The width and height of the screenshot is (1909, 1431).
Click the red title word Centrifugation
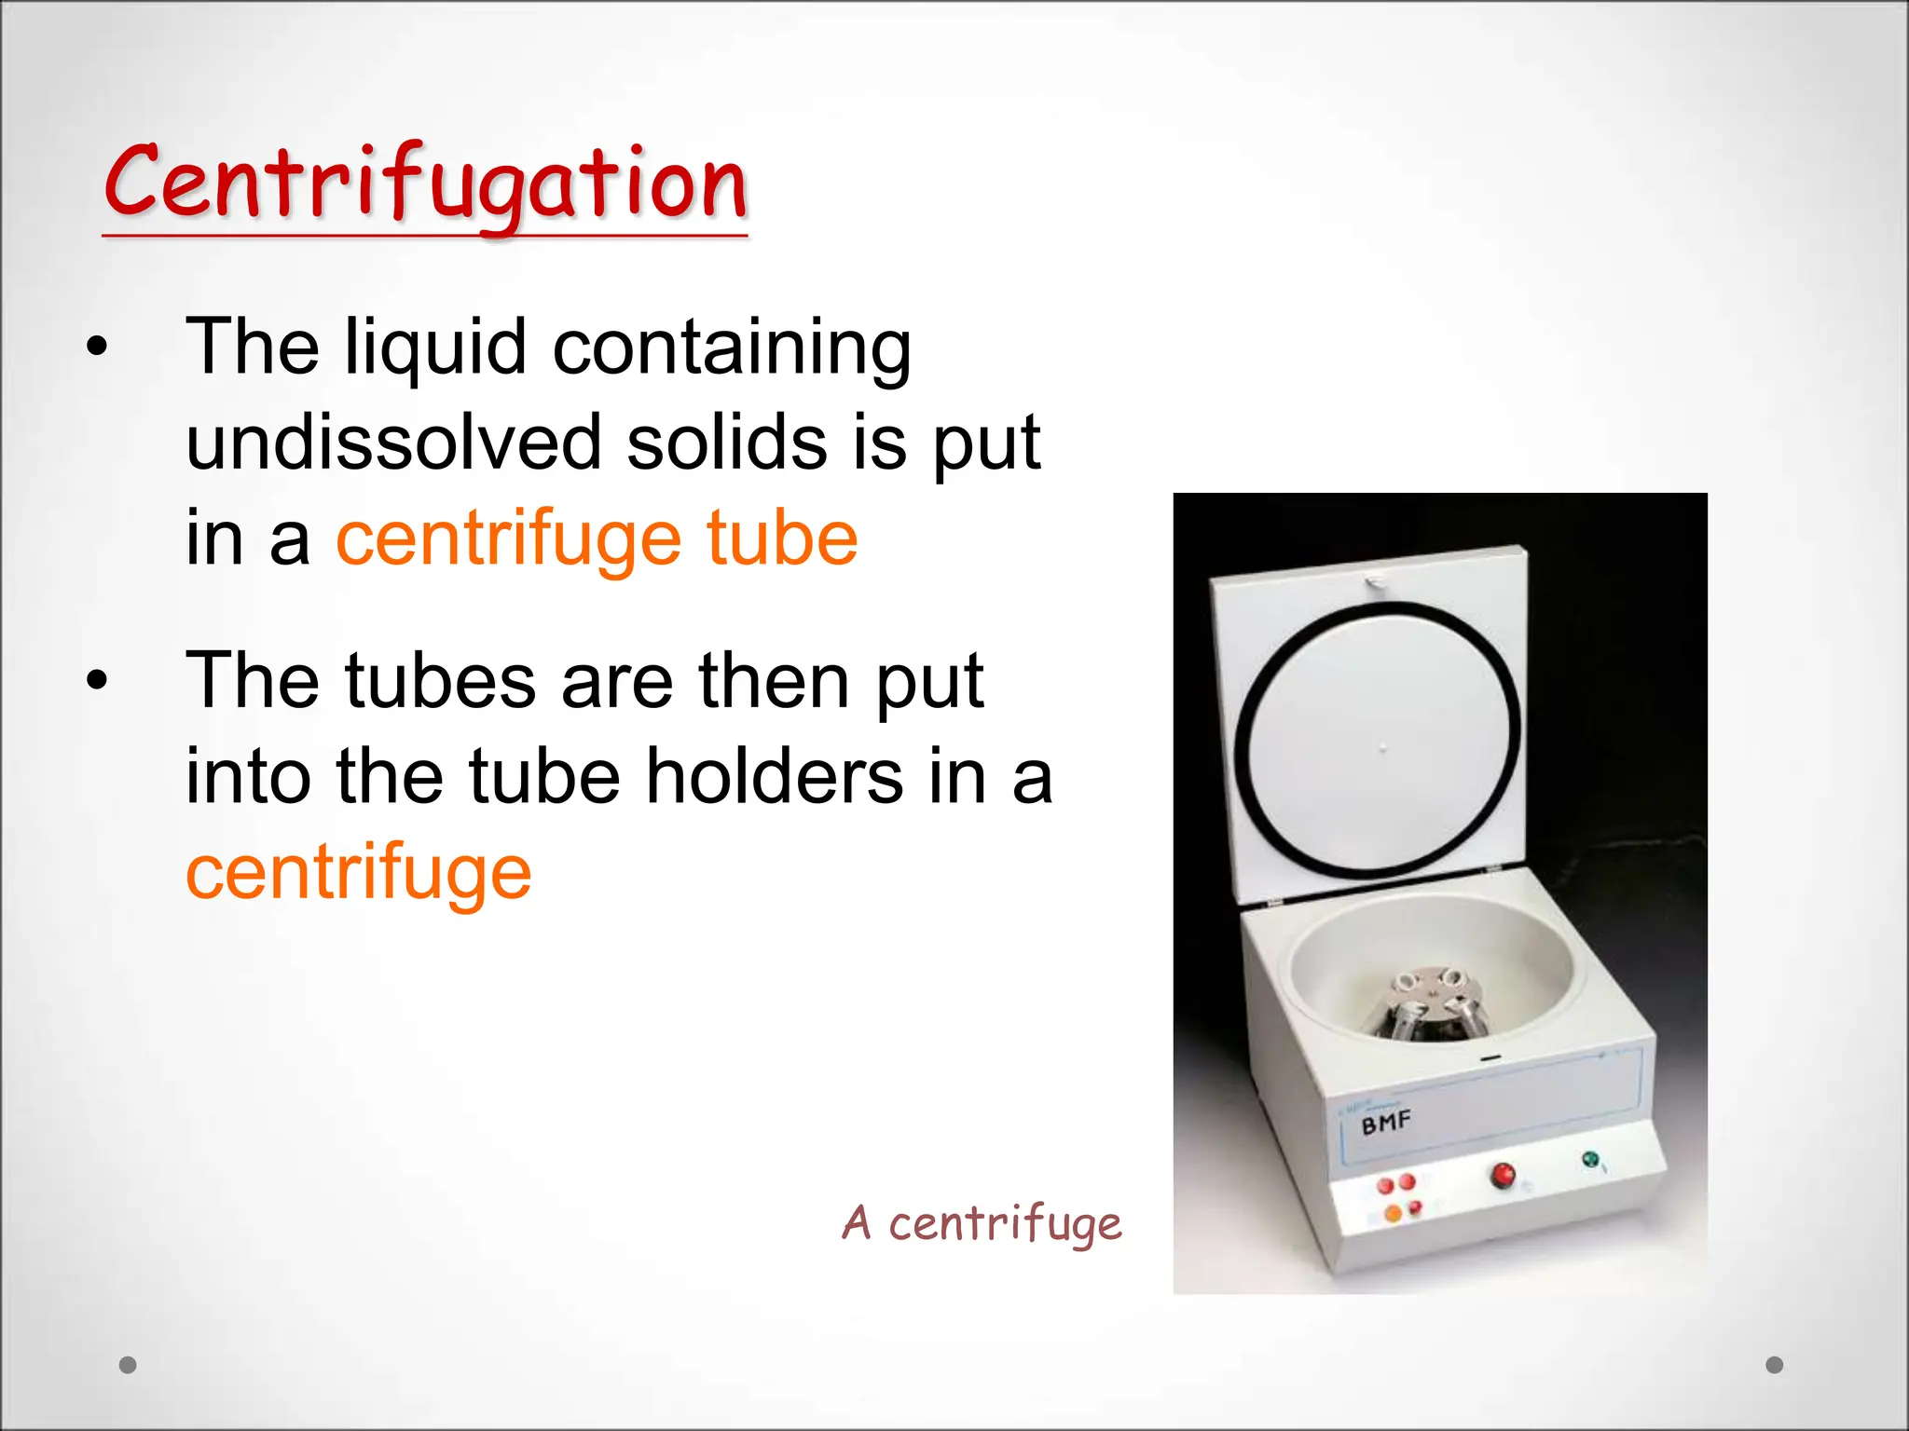tap(426, 184)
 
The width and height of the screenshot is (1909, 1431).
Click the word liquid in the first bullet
tap(435, 347)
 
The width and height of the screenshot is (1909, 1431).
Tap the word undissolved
tap(393, 443)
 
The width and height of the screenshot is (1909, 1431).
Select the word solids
tap(726, 443)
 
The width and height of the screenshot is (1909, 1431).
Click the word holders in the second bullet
tap(774, 776)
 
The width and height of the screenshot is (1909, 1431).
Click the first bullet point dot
tap(97, 348)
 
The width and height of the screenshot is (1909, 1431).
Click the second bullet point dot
tap(97, 681)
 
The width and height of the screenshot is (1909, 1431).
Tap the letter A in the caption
tap(857, 1222)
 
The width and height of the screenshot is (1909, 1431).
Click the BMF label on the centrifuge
tap(1386, 1123)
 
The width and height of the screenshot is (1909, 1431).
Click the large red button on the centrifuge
tap(1502, 1175)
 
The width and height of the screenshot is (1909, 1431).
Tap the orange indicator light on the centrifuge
tap(1393, 1213)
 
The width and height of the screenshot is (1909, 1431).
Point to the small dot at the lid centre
tap(1383, 746)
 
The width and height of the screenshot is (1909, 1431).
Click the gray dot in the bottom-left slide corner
tap(128, 1365)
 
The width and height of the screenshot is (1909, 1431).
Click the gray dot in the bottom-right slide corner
tap(1775, 1365)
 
